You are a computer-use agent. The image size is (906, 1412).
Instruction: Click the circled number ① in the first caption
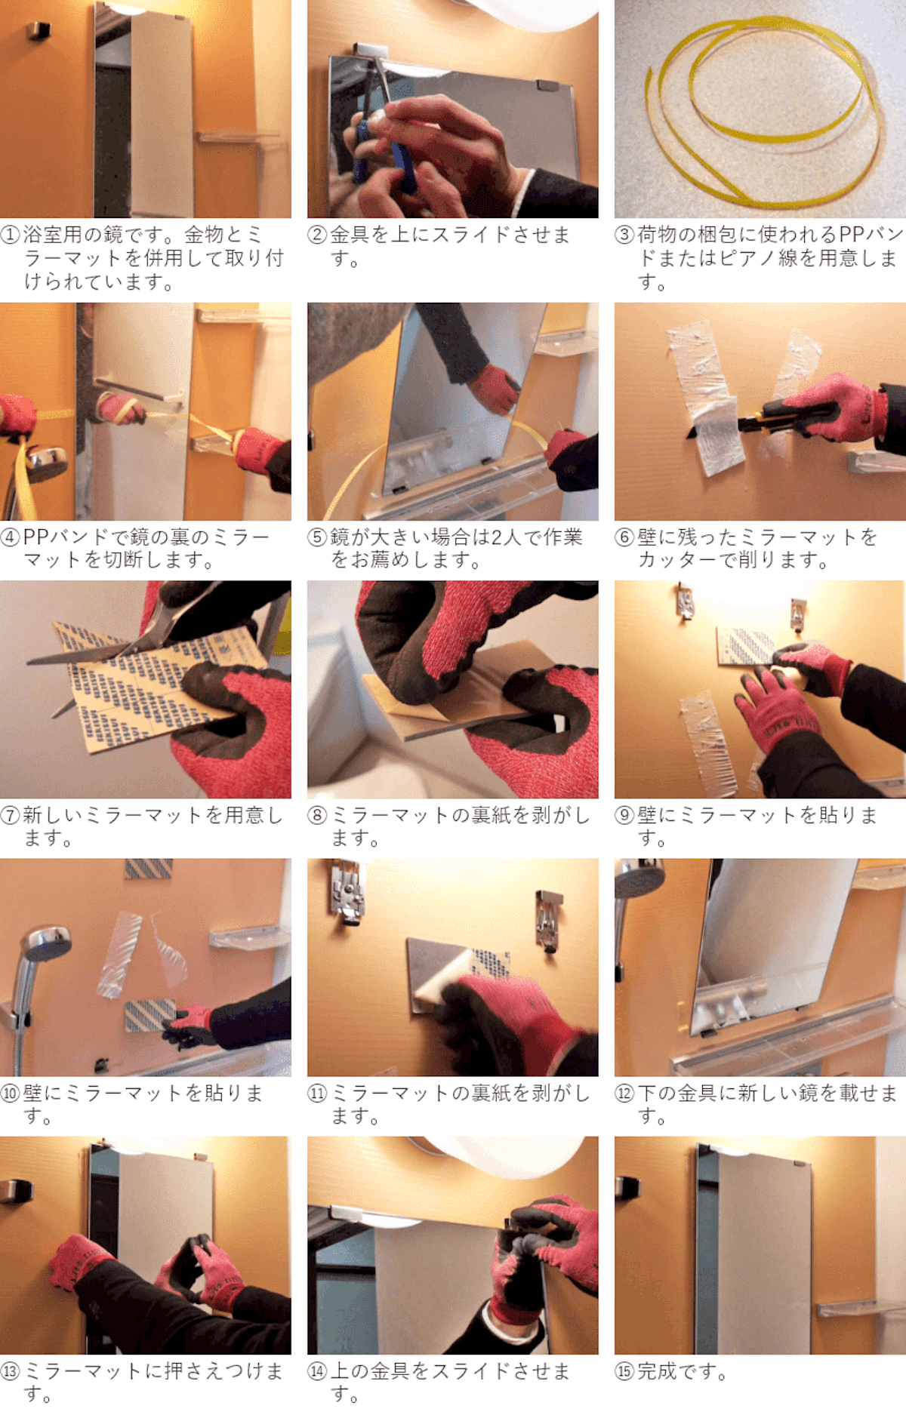coord(11,235)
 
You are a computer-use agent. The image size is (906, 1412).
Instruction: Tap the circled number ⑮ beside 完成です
coord(624,1371)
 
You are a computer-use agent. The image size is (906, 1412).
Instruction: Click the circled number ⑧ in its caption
coord(318,815)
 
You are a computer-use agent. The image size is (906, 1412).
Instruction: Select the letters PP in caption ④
coord(36,537)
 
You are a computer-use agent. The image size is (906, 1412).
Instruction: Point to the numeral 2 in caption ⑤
coord(498,537)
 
